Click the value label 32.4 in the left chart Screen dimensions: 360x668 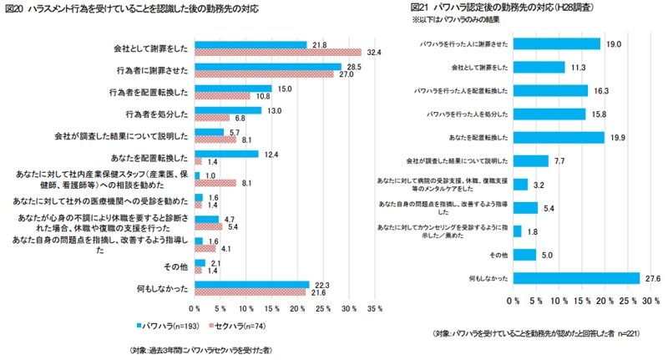pyautogui.click(x=373, y=53)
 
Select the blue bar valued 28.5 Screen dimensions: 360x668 pyautogui.click(x=267, y=66)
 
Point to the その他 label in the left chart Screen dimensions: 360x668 pyautogui.click(x=177, y=266)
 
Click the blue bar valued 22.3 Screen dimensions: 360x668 pyautogui.click(x=251, y=284)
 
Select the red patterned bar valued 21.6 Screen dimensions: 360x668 pyautogui.click(x=250, y=292)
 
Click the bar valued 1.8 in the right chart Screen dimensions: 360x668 pyautogui.click(x=517, y=231)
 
